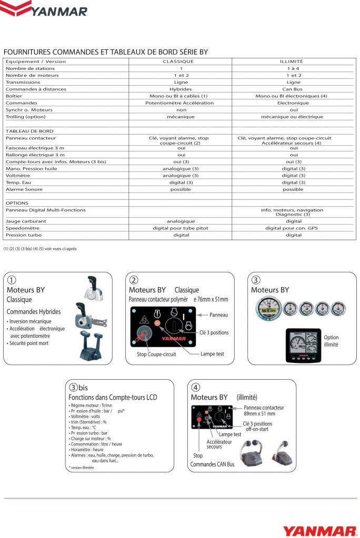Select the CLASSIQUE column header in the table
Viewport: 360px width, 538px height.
180,62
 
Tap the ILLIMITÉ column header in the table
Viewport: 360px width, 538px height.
293,62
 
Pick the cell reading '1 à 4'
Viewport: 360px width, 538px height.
293,68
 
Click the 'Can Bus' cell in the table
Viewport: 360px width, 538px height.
293,89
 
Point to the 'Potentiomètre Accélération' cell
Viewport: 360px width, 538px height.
180,103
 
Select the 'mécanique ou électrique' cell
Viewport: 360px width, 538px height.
293,117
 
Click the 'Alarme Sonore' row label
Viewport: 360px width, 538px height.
24,189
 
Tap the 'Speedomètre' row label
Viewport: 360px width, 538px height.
23,228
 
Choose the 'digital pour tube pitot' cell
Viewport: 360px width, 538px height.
180,228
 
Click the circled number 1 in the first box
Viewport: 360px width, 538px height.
12,280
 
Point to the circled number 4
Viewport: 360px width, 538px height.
196,388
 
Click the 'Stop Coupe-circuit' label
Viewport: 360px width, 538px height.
156,354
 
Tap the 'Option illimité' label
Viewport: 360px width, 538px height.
331,341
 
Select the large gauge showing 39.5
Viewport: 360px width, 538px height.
268,308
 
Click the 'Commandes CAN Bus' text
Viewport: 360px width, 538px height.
212,464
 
